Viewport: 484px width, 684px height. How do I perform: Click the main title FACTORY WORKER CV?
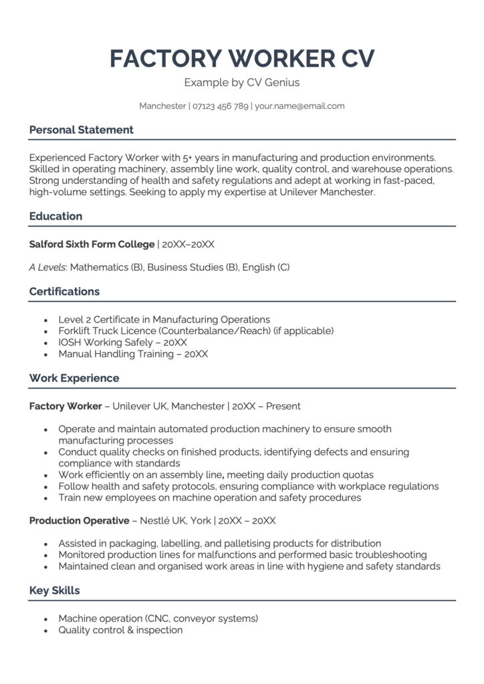(x=242, y=59)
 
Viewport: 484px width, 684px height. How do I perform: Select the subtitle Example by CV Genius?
(x=242, y=83)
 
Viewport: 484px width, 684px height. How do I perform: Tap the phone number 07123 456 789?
(x=221, y=106)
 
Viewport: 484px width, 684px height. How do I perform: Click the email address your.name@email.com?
(x=299, y=106)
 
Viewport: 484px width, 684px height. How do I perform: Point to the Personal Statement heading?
(x=81, y=130)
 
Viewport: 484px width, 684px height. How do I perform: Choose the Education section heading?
(x=55, y=216)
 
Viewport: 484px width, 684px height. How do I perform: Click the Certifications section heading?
(x=64, y=291)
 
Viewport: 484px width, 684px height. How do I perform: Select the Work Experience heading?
(x=74, y=378)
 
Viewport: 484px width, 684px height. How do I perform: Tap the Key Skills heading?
(x=54, y=590)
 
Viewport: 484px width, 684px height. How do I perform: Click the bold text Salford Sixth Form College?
(x=92, y=244)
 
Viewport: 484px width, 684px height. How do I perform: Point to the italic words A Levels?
(x=47, y=267)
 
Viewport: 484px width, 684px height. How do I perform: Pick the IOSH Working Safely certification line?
(x=122, y=342)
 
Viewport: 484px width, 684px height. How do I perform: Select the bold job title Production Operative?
(x=79, y=520)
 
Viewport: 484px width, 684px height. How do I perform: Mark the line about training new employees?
(x=209, y=498)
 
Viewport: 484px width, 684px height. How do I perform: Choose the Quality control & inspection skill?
(x=120, y=630)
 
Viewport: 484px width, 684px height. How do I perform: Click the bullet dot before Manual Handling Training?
(x=45, y=355)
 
